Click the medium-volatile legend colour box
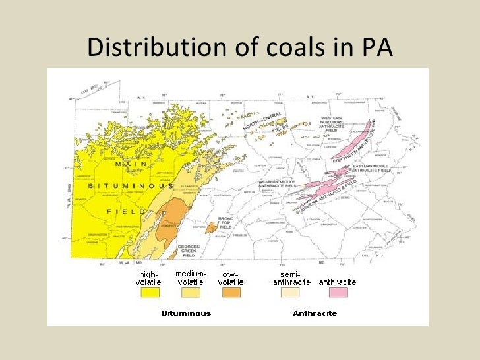tap(191, 292)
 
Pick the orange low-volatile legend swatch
tap(231, 292)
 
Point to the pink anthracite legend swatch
tap(337, 292)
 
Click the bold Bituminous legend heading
tap(187, 313)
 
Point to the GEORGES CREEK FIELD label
tap(189, 250)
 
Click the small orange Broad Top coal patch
tap(210, 227)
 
